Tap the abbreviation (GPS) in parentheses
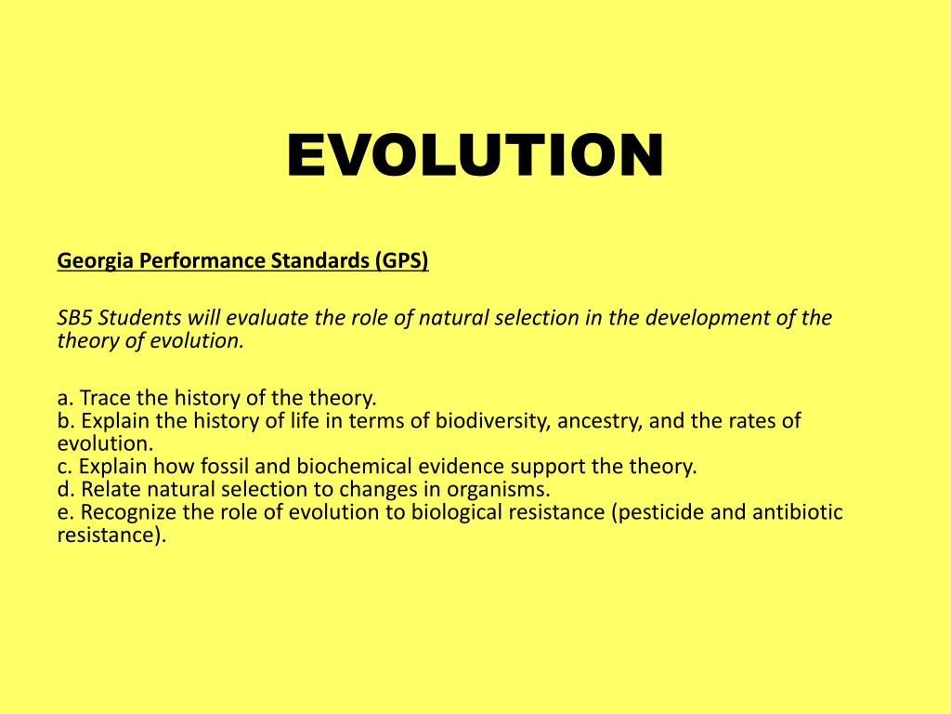pyautogui.click(x=402, y=262)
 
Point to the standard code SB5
pyautogui.click(x=75, y=318)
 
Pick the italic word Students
pyautogui.click(x=138, y=318)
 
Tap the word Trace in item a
pyautogui.click(x=104, y=399)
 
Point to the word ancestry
pyautogui.click(x=601, y=421)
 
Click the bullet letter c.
pyautogui.click(x=63, y=467)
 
